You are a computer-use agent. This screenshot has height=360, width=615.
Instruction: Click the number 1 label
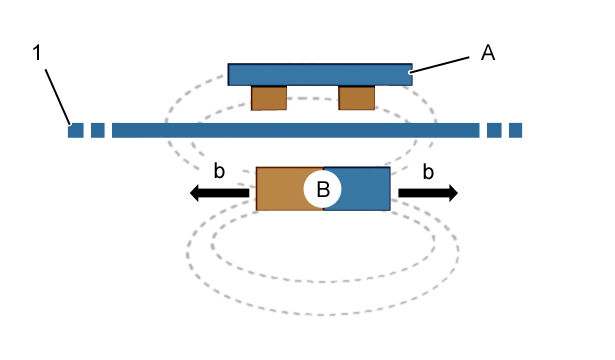click(x=37, y=53)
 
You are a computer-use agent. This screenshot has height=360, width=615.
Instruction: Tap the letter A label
click(x=488, y=53)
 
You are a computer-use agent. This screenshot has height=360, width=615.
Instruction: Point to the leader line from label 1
click(x=58, y=97)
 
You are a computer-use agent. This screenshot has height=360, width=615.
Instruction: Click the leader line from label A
click(x=439, y=65)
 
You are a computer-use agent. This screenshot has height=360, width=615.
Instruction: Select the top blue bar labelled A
click(x=320, y=75)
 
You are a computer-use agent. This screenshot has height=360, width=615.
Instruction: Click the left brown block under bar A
click(x=269, y=98)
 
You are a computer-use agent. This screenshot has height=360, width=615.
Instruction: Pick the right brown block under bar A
click(x=357, y=98)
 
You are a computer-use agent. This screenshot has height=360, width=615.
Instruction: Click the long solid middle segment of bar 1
click(x=296, y=130)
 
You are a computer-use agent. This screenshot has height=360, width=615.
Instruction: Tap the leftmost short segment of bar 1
click(x=76, y=130)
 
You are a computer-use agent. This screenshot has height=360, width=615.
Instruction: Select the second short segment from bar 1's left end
click(x=98, y=130)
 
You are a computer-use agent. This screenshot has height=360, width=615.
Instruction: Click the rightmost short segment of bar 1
click(x=515, y=130)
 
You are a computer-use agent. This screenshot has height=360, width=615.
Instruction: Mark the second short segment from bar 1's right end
click(x=494, y=130)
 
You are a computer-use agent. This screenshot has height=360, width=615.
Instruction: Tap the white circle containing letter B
click(x=322, y=189)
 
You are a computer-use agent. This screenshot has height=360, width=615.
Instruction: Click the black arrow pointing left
click(x=219, y=193)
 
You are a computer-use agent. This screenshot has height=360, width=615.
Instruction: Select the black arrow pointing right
click(x=428, y=193)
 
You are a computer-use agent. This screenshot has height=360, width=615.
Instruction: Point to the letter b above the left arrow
click(x=219, y=171)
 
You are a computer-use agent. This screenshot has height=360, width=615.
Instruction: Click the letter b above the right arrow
click(x=428, y=172)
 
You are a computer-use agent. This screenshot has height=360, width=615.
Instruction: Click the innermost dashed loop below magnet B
click(x=322, y=282)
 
